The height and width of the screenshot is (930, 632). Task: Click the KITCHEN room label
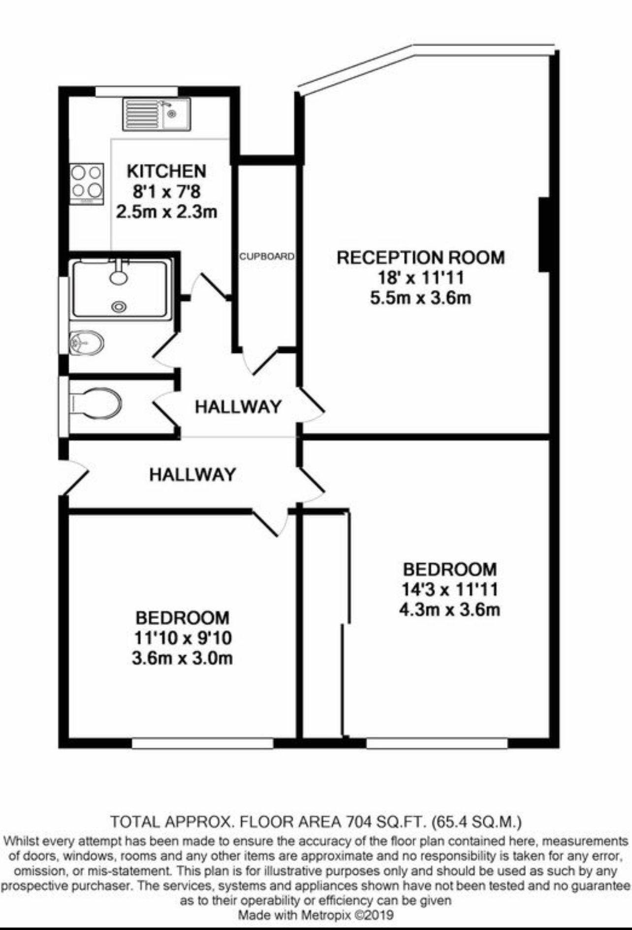coord(166,171)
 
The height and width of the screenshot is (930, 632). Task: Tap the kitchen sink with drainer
coord(157,115)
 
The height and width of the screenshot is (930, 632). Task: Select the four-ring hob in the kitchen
coord(87,184)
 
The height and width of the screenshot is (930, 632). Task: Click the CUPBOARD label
coord(267,257)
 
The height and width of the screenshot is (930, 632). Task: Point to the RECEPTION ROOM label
coord(421,257)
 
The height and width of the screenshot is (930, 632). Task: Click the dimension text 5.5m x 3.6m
coord(421,298)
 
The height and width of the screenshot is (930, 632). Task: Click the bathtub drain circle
coord(119,307)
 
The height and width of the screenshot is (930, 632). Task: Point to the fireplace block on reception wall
coord(544,234)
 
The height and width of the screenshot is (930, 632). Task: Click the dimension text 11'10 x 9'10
coord(182,638)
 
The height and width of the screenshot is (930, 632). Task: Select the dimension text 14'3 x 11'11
coord(449,589)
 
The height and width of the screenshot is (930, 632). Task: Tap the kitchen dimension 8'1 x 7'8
coord(166,191)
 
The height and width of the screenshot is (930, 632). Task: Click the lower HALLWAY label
coord(193,475)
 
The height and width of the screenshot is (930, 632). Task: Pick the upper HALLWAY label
coord(238,407)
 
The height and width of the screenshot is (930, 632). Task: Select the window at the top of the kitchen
coord(136,91)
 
